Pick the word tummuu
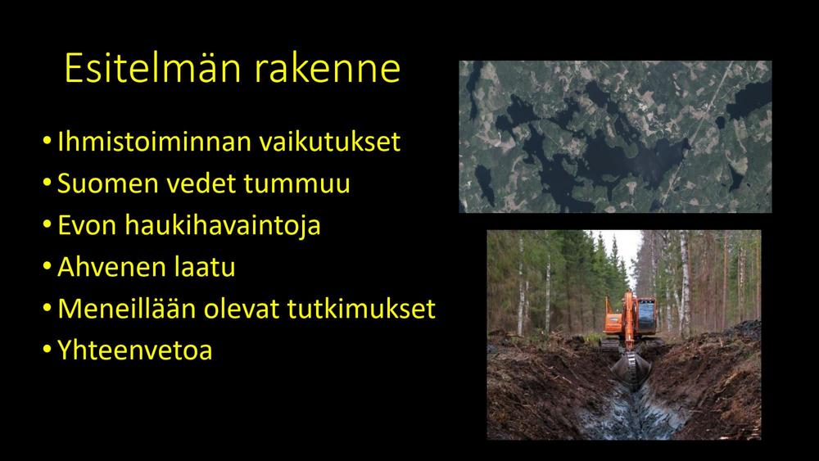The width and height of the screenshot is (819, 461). pos(296,183)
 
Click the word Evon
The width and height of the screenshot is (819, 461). pos(87,225)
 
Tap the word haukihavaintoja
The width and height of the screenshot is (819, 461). pos(223,225)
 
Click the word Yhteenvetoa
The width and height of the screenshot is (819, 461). pos(135,350)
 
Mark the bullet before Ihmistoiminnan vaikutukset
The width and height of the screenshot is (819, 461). pos(47,140)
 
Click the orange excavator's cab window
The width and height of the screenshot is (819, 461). pos(647,314)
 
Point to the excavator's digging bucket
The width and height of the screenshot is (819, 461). pos(631,369)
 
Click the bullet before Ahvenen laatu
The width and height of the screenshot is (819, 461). pos(47,265)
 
